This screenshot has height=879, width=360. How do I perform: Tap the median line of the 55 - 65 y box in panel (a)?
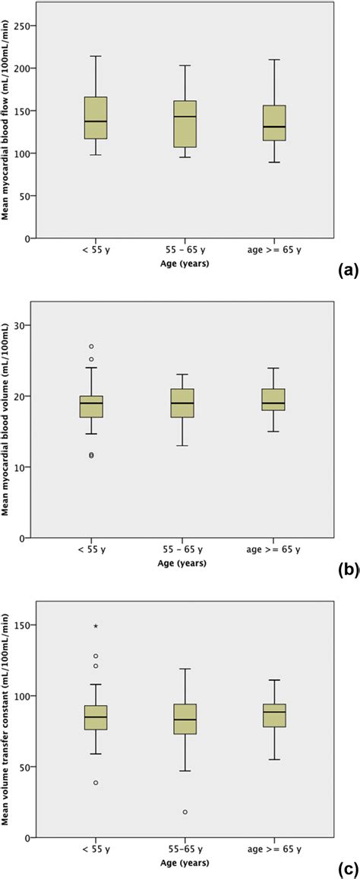185,116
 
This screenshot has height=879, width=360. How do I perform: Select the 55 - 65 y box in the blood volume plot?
185,403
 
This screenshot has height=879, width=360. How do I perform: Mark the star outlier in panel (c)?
95,626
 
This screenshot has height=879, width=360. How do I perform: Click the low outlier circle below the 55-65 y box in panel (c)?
185,812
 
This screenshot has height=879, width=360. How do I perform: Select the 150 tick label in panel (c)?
26,625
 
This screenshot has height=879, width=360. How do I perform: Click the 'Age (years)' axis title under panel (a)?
185,265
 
